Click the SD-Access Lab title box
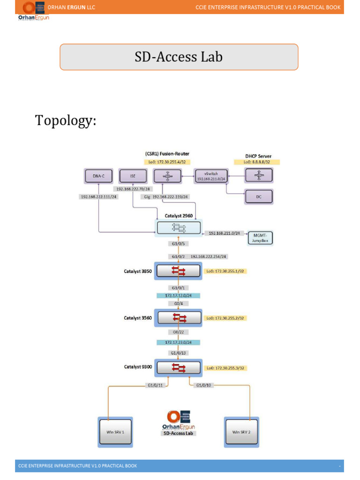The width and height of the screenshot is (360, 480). (x=179, y=57)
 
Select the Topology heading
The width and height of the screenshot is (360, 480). (x=66, y=120)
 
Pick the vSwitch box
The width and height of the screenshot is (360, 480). (x=204, y=176)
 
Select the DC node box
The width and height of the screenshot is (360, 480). (x=259, y=197)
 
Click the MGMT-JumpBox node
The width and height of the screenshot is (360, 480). (x=260, y=237)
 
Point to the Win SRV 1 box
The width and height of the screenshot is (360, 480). (x=115, y=432)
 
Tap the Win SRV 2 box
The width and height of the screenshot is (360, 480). (x=241, y=432)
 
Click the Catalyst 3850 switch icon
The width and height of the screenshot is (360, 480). (x=178, y=271)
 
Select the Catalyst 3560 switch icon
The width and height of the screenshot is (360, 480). (x=178, y=318)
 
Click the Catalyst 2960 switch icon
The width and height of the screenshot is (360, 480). (x=178, y=228)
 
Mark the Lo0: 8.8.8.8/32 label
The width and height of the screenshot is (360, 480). (x=257, y=162)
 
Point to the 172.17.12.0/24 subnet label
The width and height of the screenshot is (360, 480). (x=178, y=296)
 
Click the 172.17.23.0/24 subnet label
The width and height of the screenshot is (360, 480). (x=178, y=343)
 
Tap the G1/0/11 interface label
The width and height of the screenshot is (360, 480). (x=154, y=385)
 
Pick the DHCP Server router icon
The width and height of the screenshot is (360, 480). (x=259, y=176)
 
